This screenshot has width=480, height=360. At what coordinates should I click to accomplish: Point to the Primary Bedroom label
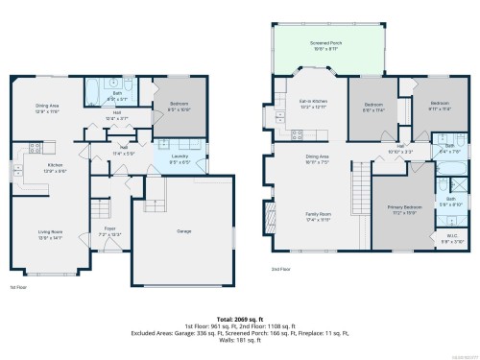[403, 209]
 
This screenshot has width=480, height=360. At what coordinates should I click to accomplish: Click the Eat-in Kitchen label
[314, 102]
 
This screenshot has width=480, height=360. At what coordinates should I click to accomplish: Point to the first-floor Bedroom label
[180, 105]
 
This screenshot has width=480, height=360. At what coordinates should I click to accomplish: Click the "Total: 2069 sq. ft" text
[239, 317]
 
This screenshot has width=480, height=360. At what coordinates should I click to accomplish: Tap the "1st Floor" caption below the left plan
[18, 287]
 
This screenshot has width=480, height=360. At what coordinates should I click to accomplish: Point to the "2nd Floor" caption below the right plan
[279, 270]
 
